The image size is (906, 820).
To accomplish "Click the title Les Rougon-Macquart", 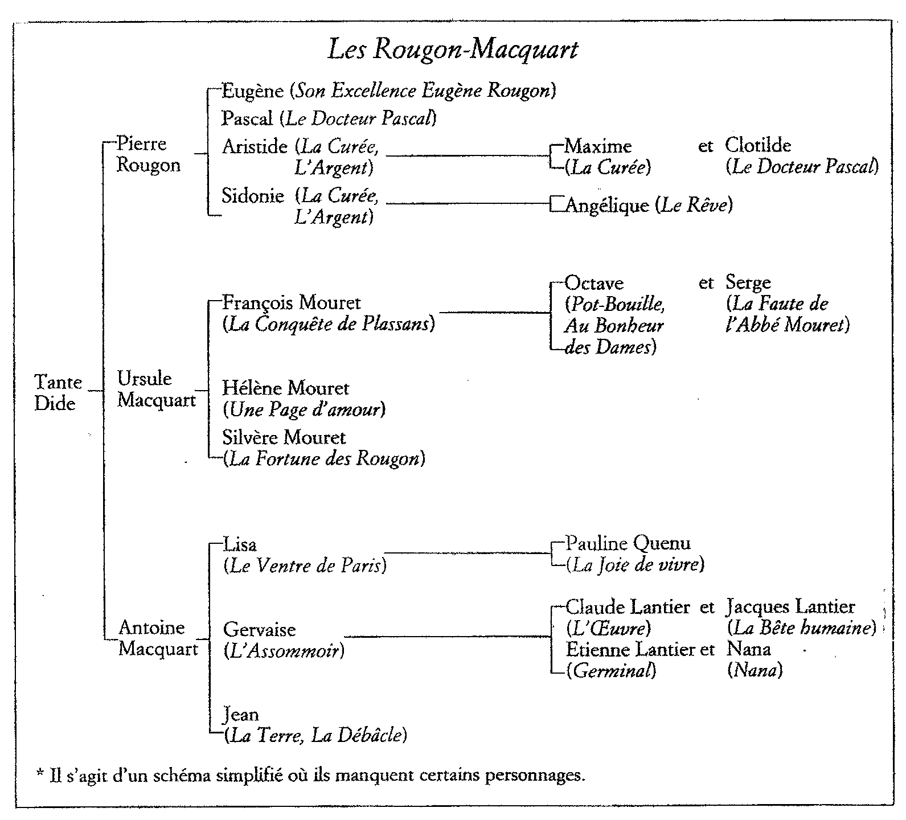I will coord(453,50).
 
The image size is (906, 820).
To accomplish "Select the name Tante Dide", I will coord(58,392).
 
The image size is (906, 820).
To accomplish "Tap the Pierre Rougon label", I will coord(148,154).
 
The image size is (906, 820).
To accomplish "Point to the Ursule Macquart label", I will coord(156,389).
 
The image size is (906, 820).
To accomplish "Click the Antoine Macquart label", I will coord(158,638).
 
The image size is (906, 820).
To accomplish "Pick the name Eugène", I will coord(252,91).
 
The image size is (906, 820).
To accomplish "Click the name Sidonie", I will coord(253,196).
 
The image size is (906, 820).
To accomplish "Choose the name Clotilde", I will coord(758,145).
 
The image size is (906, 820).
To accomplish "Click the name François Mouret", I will coord(292,302).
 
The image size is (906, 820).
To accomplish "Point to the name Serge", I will coord(748,282).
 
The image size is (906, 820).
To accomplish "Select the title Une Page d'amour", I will coord(304,409).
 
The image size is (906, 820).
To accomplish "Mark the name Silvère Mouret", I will coord(284,437).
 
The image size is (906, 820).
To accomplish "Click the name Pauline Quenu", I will coord(628,543).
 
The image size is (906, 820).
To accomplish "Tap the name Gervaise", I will coord(260,630).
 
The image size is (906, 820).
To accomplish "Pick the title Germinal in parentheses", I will coord(611,671).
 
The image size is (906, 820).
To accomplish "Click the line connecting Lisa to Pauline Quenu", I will coord(467,552).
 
